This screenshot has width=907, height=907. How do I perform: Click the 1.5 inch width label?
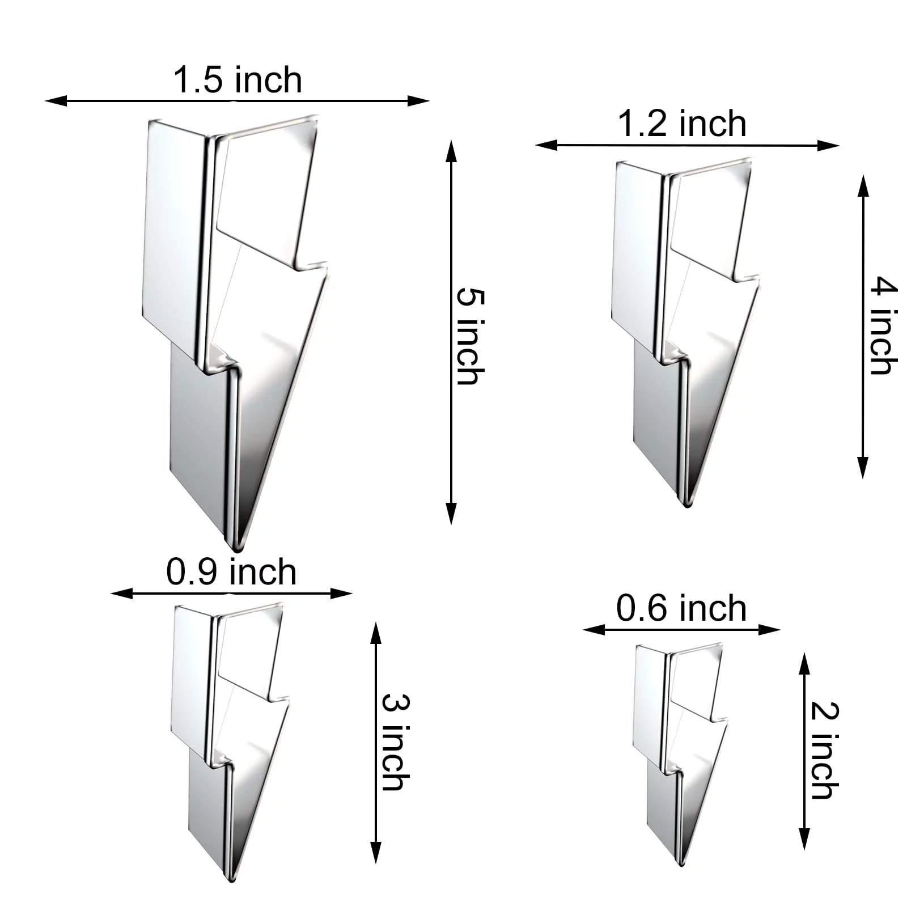coord(238,80)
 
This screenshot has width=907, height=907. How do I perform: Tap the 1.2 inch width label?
coord(682,124)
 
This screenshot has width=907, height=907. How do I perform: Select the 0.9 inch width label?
coord(231,572)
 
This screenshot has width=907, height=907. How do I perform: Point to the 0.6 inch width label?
coord(681,608)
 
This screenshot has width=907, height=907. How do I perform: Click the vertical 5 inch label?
coord(471,336)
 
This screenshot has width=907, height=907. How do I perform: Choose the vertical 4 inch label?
coord(884,325)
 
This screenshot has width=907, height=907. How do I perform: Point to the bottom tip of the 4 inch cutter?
coord(686,505)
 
